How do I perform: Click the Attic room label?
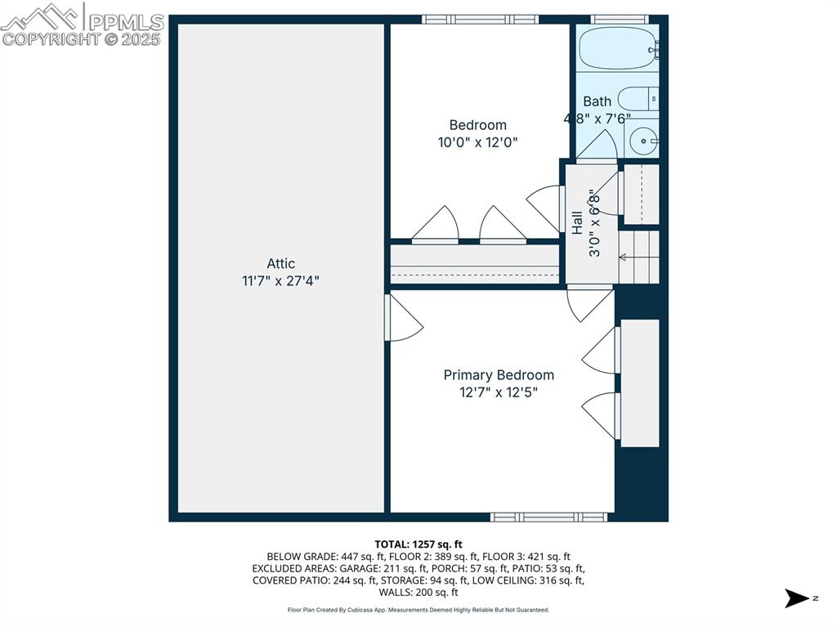coord(280,263)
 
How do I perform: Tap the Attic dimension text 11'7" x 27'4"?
coord(280,280)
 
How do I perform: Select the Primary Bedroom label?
coord(499,374)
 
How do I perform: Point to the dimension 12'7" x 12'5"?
coord(499,392)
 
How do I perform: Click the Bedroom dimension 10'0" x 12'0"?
coord(478,141)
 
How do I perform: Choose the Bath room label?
coord(597,101)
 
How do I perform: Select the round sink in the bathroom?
coord(644,141)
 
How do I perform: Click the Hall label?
coord(577,223)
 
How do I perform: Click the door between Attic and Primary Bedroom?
coord(403,317)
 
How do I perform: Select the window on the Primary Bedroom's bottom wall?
coord(548,517)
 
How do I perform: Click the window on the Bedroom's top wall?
coord(480,19)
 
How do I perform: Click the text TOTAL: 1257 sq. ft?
coord(418,544)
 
